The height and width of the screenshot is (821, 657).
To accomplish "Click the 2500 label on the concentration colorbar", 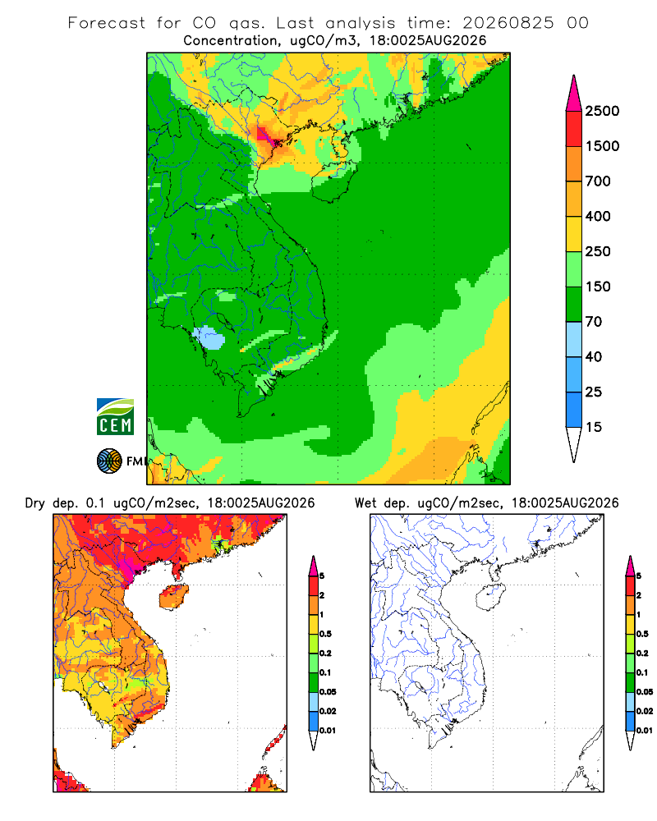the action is click(602, 111).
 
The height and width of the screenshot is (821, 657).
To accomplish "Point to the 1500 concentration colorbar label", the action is click(602, 146).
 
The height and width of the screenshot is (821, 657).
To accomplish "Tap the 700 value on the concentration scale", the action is click(598, 181).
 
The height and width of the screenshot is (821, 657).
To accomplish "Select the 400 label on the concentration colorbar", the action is click(598, 216).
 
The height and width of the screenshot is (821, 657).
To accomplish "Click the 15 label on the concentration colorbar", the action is click(594, 427).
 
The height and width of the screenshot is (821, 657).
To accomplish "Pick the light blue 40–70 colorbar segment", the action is click(574, 339).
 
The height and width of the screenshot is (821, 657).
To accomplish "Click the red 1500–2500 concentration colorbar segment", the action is click(574, 128).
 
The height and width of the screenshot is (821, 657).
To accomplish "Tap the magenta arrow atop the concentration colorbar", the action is click(574, 94).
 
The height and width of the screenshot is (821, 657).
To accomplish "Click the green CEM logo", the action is click(115, 417).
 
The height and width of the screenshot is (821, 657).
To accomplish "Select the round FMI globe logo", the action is click(109, 461).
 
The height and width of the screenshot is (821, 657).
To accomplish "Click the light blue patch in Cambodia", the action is click(209, 337).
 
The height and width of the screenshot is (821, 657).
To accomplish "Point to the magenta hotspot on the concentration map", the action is click(264, 136).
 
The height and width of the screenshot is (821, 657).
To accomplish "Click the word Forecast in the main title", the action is click(107, 23).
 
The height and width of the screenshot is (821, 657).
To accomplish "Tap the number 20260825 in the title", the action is click(508, 23).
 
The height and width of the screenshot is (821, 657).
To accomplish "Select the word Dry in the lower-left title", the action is click(35, 503).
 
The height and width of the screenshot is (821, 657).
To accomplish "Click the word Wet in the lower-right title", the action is click(365, 503).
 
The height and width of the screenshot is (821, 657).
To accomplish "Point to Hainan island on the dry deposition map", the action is click(173, 597).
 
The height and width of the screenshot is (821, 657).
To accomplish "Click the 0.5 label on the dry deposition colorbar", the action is click(325, 634).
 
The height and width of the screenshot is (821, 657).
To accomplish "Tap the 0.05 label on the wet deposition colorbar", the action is click(645, 692).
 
